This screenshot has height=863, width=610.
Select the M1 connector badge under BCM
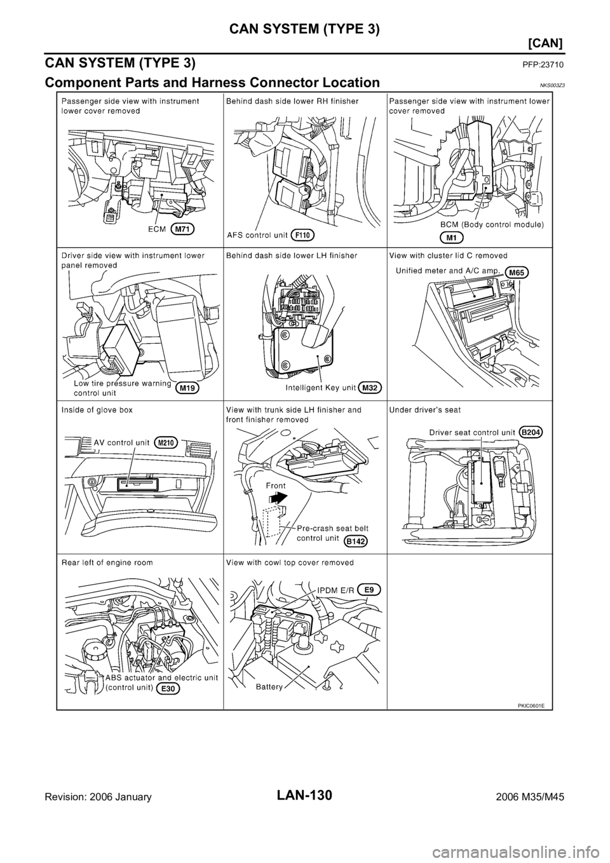click(x=451, y=236)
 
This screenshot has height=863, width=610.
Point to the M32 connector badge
click(x=370, y=387)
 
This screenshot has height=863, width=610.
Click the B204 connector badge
click(x=533, y=431)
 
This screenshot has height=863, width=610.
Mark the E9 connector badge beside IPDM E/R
click(x=369, y=589)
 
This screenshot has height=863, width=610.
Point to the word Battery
click(x=270, y=687)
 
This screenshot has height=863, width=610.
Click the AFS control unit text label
click(x=259, y=235)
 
